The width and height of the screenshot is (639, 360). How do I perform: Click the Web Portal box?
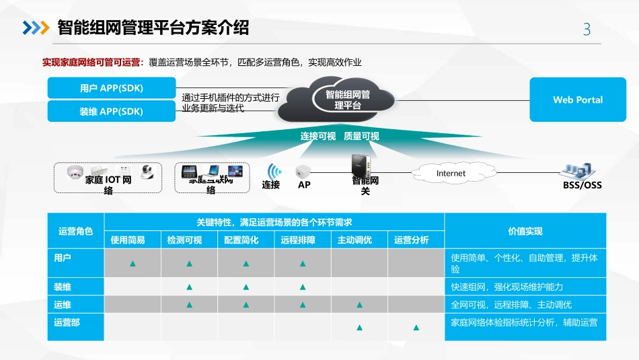(x=578, y=100)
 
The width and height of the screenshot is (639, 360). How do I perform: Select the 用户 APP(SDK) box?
(x=112, y=88)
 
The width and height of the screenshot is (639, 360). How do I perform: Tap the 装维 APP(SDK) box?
(x=112, y=111)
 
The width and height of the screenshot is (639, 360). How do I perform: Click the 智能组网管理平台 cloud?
(x=347, y=100)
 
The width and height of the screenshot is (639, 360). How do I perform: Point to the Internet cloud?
(x=451, y=173)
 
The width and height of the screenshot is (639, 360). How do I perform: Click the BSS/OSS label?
(x=582, y=184)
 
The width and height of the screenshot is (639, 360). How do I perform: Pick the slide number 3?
(x=587, y=29)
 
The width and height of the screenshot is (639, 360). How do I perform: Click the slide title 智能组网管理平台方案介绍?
(x=153, y=28)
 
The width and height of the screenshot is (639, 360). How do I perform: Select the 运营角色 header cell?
(x=76, y=231)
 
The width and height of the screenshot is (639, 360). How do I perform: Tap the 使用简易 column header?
(x=133, y=240)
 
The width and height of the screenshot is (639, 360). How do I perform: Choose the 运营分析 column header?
(x=416, y=240)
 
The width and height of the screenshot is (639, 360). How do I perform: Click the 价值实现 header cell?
(x=525, y=231)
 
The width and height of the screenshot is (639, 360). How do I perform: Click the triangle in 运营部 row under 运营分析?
(x=416, y=328)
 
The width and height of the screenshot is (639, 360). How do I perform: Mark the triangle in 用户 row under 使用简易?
(x=133, y=264)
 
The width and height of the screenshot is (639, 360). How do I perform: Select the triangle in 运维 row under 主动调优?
(x=359, y=305)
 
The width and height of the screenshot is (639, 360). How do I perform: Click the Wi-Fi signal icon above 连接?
(x=273, y=170)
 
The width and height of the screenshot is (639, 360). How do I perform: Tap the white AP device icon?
(x=303, y=171)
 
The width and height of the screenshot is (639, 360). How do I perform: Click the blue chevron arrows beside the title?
(x=36, y=28)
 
